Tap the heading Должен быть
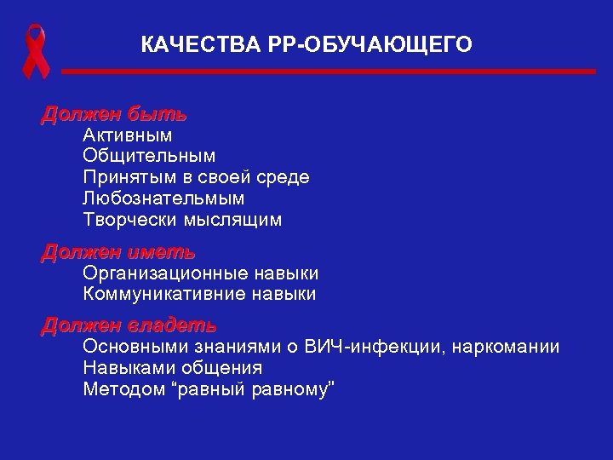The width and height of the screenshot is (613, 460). coord(114,114)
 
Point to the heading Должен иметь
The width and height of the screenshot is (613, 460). coord(118,253)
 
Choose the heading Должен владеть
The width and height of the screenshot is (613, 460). coord(129,326)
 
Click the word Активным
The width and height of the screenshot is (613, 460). coord(128,135)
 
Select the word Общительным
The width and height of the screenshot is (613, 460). coord(149,156)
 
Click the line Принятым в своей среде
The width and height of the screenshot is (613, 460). coord(196,177)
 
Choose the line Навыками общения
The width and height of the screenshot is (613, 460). coord(173,368)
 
